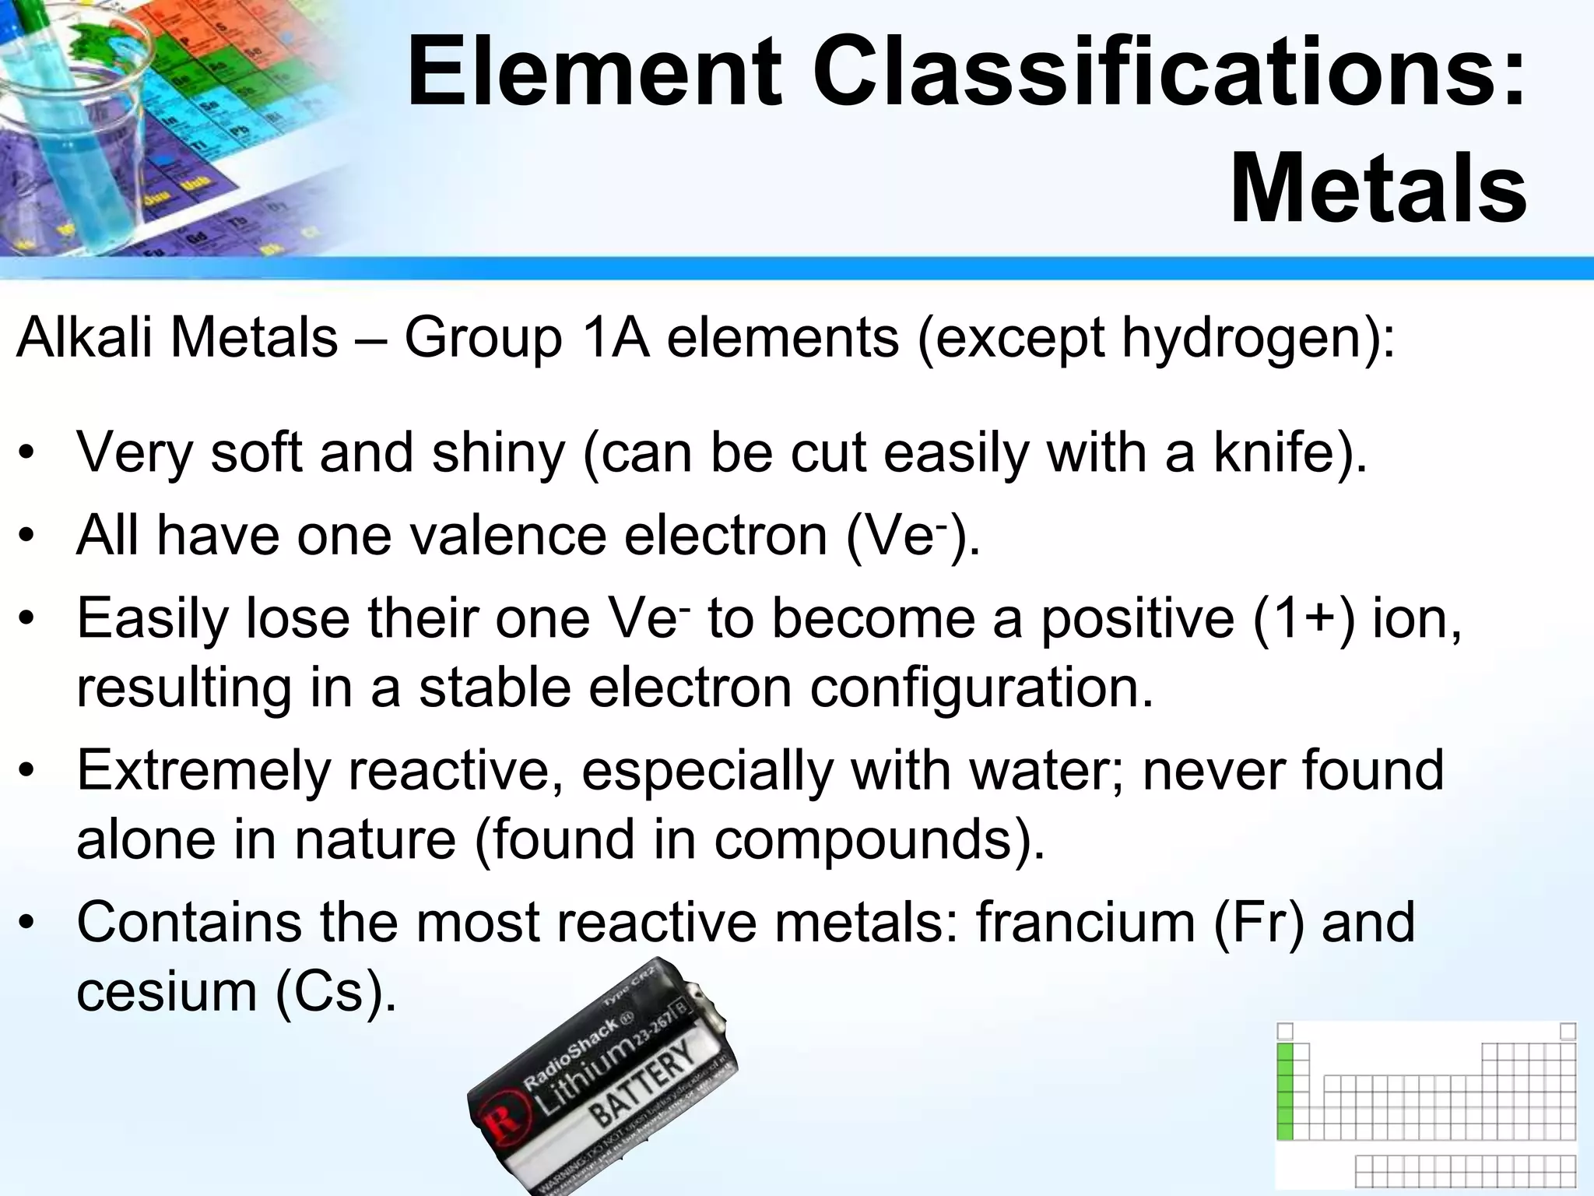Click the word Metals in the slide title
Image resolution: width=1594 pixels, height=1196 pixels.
tap(1378, 190)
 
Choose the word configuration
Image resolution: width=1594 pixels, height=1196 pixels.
tap(981, 688)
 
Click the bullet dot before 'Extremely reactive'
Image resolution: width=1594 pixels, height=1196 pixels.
tap(28, 772)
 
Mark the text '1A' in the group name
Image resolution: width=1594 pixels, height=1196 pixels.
tap(614, 339)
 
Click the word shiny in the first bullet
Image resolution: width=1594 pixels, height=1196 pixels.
tap(499, 452)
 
